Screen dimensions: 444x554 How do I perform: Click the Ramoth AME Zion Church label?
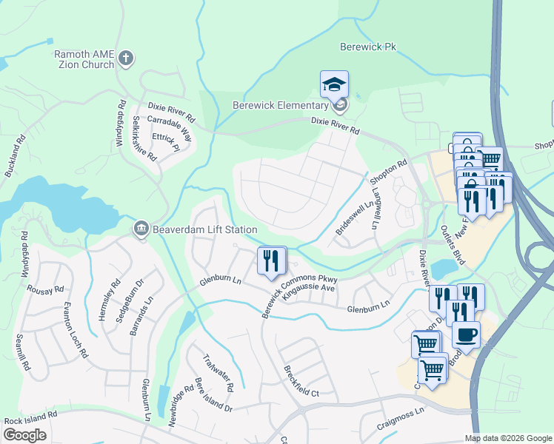(x=84, y=59)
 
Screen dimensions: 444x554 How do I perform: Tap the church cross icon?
(x=126, y=58)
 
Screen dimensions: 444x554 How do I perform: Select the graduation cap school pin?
(x=334, y=85)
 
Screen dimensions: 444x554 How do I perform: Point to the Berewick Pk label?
(x=364, y=47)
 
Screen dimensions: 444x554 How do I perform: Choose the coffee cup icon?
(x=466, y=335)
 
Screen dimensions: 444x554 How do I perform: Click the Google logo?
(x=25, y=434)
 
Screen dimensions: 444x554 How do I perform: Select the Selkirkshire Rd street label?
(x=142, y=138)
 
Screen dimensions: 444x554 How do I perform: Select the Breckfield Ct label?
(x=300, y=381)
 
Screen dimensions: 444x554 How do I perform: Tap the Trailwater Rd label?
(x=218, y=373)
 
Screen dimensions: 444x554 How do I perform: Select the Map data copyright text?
(x=507, y=438)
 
